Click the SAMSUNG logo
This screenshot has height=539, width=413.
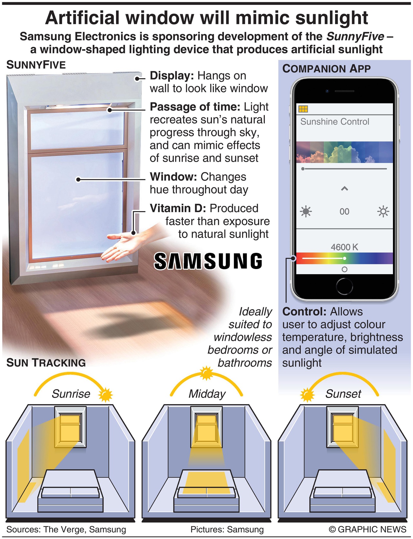208,261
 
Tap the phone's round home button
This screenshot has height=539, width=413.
344,286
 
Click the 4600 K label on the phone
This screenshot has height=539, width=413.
344,247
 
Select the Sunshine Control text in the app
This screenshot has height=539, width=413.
334,122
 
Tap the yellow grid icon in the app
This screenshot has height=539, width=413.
303,109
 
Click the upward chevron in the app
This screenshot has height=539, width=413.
344,189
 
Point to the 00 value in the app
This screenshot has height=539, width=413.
344,211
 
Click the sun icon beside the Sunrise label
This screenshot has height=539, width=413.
105,395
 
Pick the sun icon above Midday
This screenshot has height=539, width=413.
206,373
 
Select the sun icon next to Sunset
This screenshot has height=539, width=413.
307,395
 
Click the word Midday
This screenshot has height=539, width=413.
207,394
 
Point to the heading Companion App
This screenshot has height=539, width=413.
326,69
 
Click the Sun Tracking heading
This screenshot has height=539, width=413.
46,363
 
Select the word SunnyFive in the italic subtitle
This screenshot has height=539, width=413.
355,36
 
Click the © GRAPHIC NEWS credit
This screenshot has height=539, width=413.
367,529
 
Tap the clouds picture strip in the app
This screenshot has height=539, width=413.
344,152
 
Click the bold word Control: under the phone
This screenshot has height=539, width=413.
304,312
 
